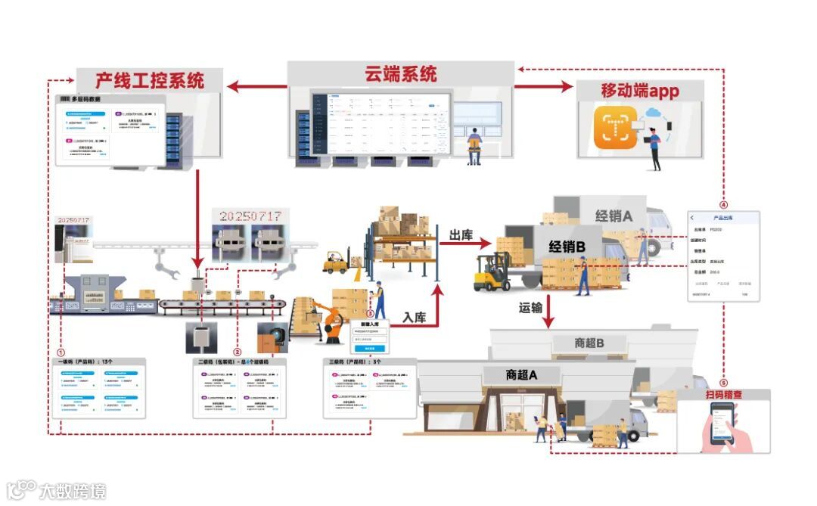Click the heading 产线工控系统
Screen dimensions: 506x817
tap(150, 80)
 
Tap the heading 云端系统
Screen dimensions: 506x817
tap(401, 74)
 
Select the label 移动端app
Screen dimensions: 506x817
tap(640, 92)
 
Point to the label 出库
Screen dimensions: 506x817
tap(461, 236)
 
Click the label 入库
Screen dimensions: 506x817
tap(414, 318)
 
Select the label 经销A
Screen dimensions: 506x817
tap(614, 216)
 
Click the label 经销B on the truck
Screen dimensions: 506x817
tap(567, 246)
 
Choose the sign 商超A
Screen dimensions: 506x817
tap(521, 374)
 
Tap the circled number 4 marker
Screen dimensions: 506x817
tap(723, 205)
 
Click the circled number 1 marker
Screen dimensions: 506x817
tap(61, 352)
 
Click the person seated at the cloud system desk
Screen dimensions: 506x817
tap(474, 144)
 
